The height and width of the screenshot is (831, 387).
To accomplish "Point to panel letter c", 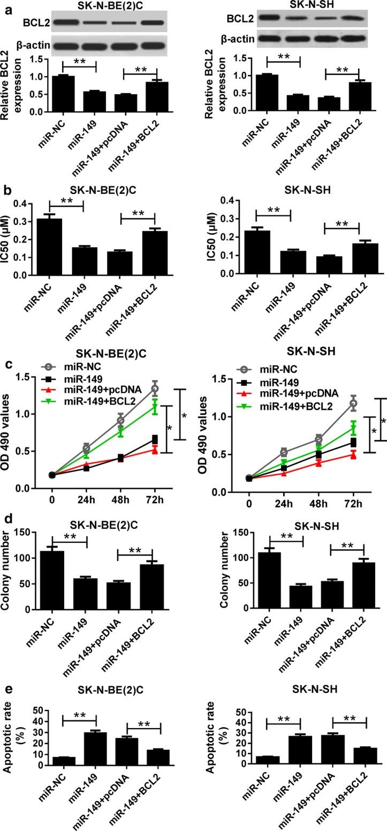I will tap(8, 363).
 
